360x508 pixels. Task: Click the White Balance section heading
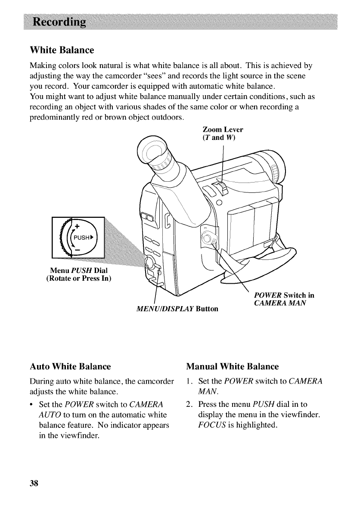point(62,50)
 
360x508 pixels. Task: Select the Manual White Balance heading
point(233,367)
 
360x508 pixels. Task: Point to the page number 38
point(34,483)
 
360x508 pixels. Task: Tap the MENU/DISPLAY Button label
point(177,309)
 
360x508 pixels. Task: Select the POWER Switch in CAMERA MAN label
point(284,299)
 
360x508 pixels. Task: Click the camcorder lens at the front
point(276,166)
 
